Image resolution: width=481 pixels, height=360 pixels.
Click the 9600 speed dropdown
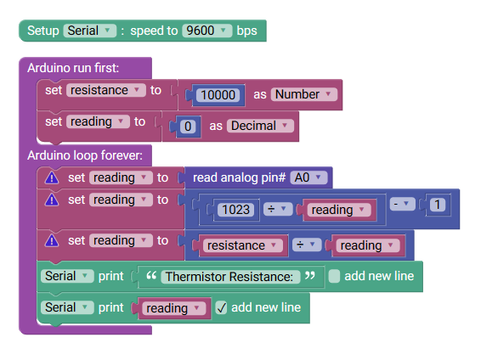pyautogui.click(x=207, y=31)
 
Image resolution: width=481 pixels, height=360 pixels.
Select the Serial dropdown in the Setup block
pyautogui.click(x=90, y=31)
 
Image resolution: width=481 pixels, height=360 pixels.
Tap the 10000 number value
pyautogui.click(x=218, y=95)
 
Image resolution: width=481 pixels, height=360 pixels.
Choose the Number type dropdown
pyautogui.click(x=304, y=94)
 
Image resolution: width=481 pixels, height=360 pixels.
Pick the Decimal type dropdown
pyautogui.click(x=260, y=126)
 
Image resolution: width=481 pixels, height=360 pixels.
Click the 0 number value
pyautogui.click(x=188, y=127)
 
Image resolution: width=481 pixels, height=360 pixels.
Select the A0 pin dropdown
pyautogui.click(x=308, y=177)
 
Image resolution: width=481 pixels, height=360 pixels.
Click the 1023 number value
pyautogui.click(x=235, y=210)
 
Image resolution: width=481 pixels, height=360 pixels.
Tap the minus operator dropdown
pyautogui.click(x=403, y=204)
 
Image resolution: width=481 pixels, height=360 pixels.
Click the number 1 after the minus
pyautogui.click(x=438, y=205)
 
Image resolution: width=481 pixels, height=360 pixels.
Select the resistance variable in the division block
pyautogui.click(x=243, y=245)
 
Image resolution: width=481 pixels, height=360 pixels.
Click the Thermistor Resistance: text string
pyautogui.click(x=229, y=277)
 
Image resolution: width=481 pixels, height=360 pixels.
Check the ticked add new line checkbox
pyautogui.click(x=221, y=307)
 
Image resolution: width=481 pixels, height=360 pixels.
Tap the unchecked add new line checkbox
pyautogui.click(x=334, y=276)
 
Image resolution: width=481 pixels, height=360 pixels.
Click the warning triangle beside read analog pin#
pyautogui.click(x=52, y=177)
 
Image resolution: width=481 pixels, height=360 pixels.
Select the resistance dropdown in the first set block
pyautogui.click(x=106, y=90)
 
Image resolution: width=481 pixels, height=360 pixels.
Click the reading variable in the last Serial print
pyautogui.click(x=173, y=308)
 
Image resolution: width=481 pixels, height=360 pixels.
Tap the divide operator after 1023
pyautogui.click(x=278, y=209)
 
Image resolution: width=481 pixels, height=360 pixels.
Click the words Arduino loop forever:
pyautogui.click(x=85, y=155)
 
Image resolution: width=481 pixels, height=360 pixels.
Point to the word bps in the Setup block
pyautogui.click(x=247, y=31)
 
